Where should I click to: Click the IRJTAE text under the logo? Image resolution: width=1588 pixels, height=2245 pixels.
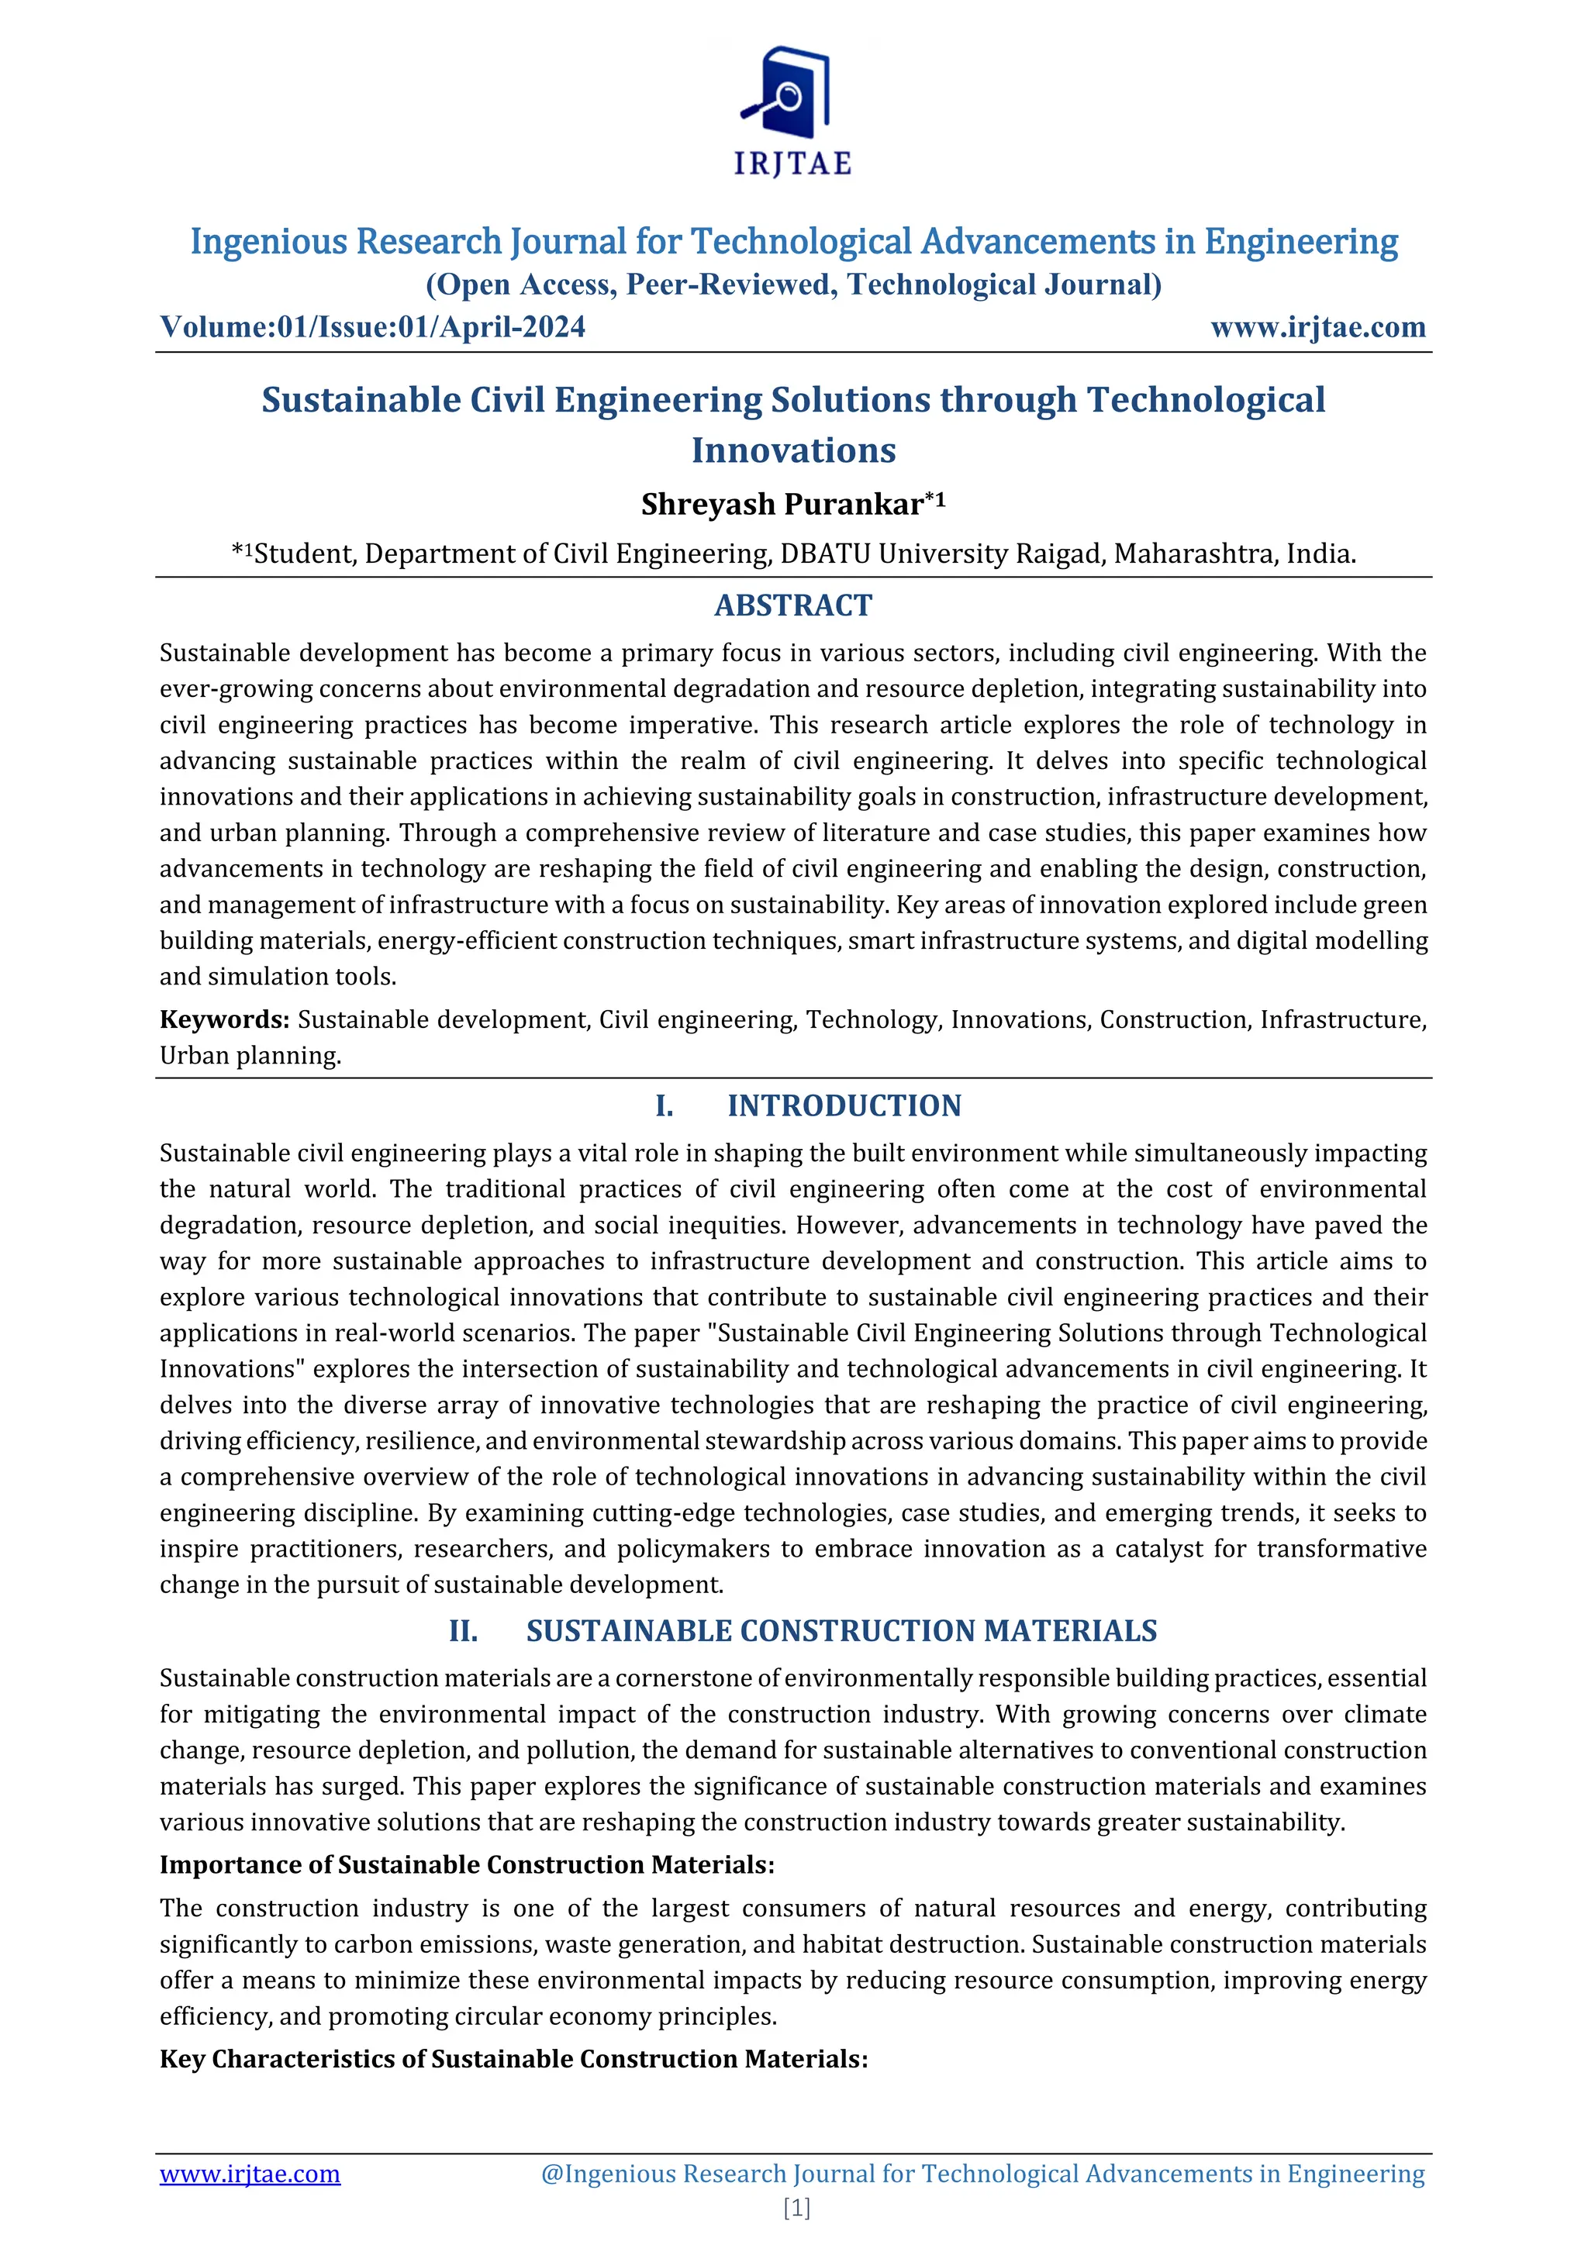coord(793,164)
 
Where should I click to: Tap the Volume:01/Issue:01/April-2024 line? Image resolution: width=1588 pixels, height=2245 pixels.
coord(372,326)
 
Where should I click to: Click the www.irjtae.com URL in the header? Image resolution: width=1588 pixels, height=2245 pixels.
coord(1317,326)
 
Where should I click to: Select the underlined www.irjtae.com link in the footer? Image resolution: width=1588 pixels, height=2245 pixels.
coord(250,2173)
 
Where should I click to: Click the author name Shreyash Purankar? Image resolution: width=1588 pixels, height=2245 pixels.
coord(782,505)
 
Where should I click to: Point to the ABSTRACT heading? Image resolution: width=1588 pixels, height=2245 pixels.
coord(793,605)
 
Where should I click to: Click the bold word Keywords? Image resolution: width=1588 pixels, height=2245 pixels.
coord(224,1020)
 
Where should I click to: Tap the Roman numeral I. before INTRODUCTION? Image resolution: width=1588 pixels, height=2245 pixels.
coord(664,1106)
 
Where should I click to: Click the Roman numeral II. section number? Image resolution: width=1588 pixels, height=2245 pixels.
coord(464,1631)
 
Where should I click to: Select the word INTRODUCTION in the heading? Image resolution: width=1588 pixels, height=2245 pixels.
coord(844,1106)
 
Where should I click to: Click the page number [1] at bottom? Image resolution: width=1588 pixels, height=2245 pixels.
coord(796,2207)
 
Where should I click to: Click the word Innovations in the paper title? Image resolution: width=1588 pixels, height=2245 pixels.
coord(793,450)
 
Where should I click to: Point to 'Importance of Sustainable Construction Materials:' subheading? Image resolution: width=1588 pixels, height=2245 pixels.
coord(467,1864)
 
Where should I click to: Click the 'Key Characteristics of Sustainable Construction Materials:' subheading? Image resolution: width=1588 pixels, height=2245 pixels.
coord(513,2058)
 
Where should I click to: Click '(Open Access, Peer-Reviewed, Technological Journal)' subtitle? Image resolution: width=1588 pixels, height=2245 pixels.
coord(793,285)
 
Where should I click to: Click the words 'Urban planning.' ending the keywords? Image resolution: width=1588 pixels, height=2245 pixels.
coord(250,1056)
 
